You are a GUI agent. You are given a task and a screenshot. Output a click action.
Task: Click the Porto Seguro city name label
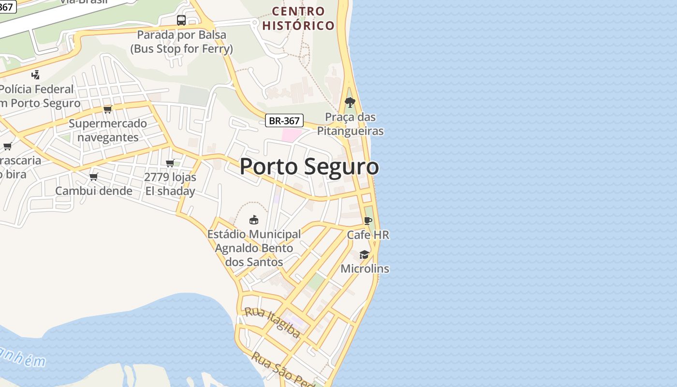(309, 167)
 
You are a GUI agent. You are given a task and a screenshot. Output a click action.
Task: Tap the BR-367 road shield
(284, 120)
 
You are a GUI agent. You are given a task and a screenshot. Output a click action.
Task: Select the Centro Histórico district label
(298, 18)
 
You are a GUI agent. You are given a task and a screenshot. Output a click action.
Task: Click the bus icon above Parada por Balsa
(181, 20)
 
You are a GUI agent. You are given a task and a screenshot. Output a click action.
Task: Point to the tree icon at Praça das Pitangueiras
(350, 103)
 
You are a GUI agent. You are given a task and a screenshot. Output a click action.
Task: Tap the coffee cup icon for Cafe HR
(368, 221)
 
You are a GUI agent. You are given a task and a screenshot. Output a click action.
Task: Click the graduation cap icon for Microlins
(364, 254)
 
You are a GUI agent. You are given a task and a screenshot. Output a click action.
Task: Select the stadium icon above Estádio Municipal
(253, 220)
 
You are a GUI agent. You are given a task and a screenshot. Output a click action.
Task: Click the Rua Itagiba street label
(272, 322)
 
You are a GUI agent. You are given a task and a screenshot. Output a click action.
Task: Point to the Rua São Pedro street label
(283, 369)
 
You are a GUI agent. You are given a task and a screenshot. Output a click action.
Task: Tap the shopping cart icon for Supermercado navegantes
(108, 109)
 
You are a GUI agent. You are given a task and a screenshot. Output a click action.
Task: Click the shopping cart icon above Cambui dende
(94, 177)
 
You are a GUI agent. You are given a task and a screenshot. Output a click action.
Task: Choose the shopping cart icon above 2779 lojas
(170, 163)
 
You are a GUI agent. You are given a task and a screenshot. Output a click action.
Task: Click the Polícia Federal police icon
(35, 74)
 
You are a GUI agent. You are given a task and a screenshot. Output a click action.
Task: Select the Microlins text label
(365, 268)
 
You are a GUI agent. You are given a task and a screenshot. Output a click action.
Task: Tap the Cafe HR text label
(368, 235)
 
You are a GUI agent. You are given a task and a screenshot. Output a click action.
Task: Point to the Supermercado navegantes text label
(108, 130)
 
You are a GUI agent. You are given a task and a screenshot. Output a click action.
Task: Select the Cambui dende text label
(94, 191)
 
